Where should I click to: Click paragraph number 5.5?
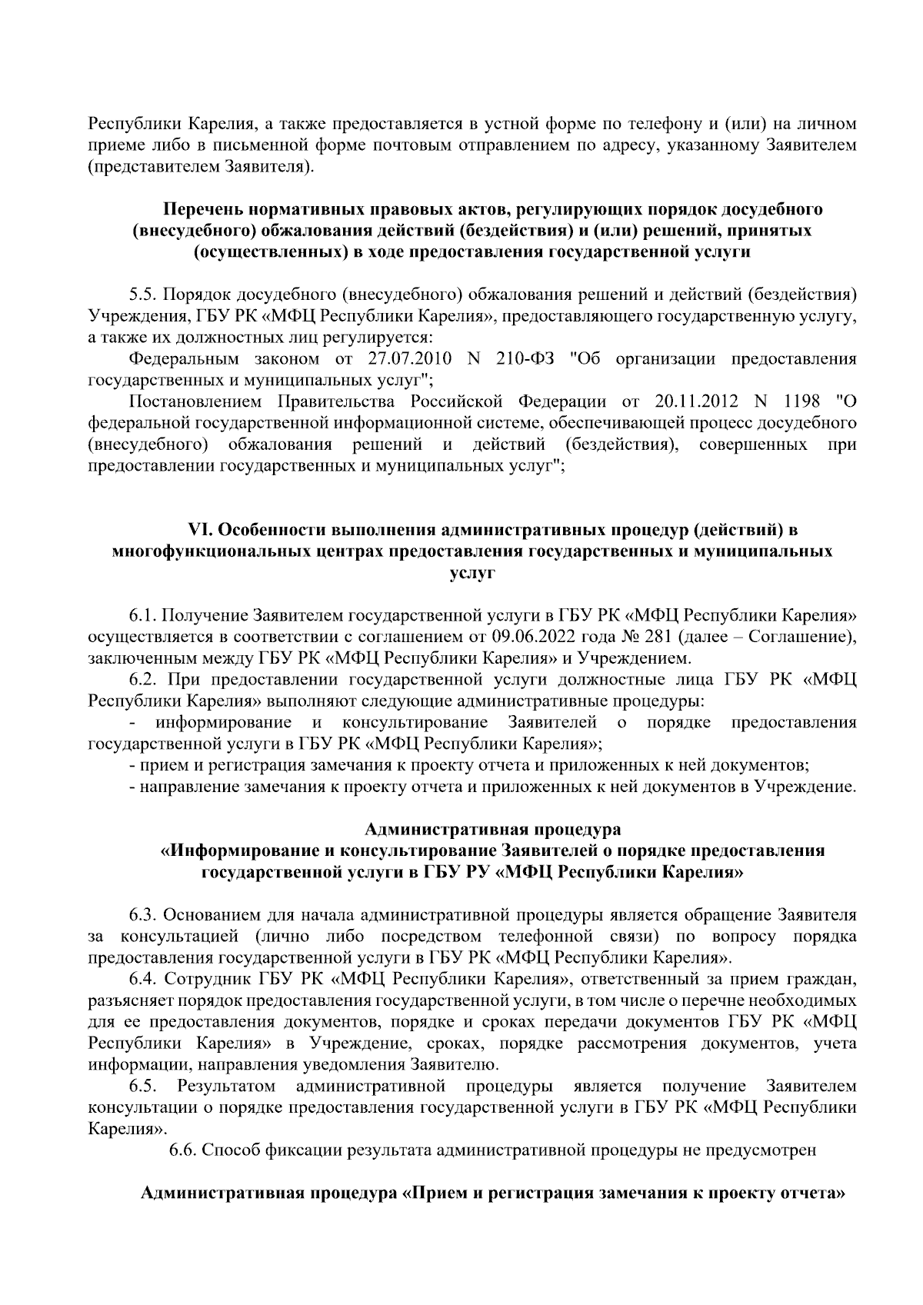143,295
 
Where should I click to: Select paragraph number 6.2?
143,680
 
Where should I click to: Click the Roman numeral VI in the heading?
199,531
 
